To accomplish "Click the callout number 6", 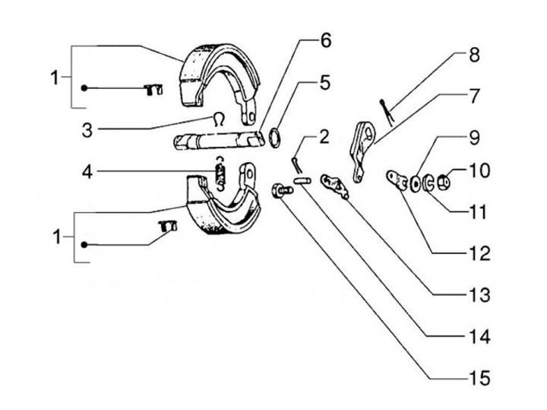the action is pyautogui.click(x=325, y=40).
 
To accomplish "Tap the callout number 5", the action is pyautogui.click(x=324, y=83).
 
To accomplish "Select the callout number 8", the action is pyautogui.click(x=474, y=56).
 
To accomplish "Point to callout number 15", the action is pyautogui.click(x=480, y=378).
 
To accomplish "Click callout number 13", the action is pyautogui.click(x=480, y=295).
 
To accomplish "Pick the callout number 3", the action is pyautogui.click(x=87, y=131).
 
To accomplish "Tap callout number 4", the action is pyautogui.click(x=87, y=172).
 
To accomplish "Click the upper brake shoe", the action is pyautogui.click(x=220, y=83).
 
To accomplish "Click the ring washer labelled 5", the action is pyautogui.click(x=274, y=138).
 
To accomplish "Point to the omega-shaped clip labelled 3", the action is pyautogui.click(x=219, y=119).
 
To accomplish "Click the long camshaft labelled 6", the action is pyautogui.click(x=218, y=141).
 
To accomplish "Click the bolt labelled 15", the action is pyautogui.click(x=282, y=190).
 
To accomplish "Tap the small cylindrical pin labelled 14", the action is pyautogui.click(x=302, y=181).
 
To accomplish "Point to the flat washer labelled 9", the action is pyautogui.click(x=416, y=184).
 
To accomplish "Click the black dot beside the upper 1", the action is pyautogui.click(x=84, y=88).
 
